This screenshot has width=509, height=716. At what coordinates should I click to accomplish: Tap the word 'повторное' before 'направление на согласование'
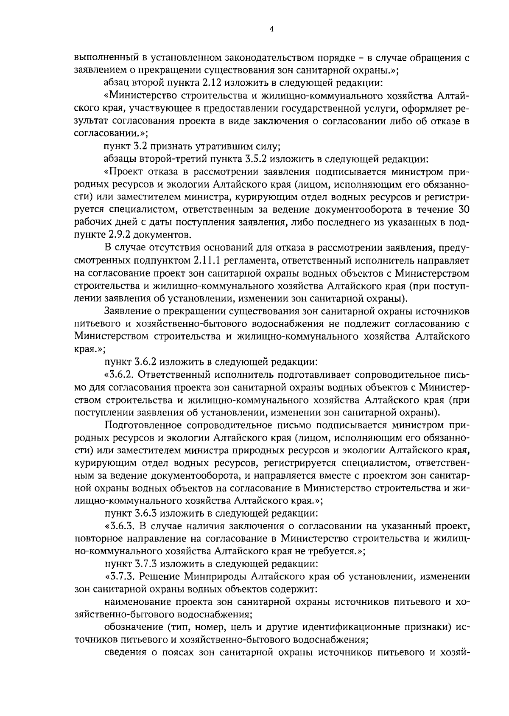point(93,539)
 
